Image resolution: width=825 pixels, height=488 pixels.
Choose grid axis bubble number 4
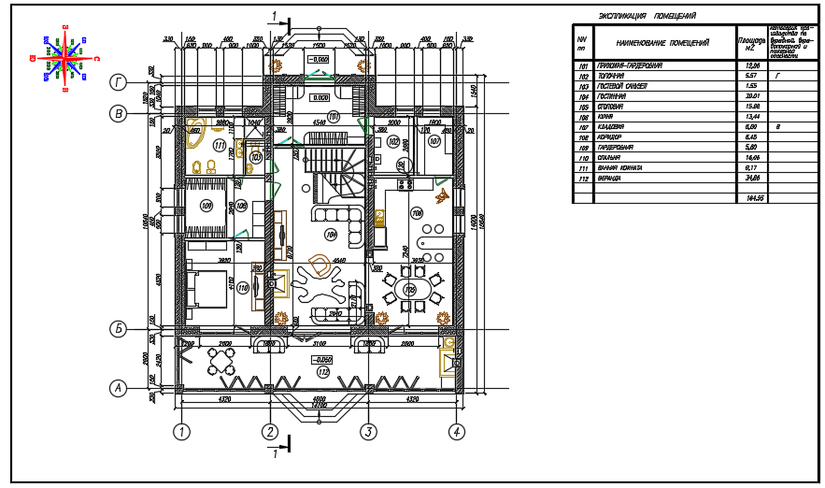coord(457,431)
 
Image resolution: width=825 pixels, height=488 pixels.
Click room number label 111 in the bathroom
coord(220,146)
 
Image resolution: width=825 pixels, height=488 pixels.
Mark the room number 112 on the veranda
coord(322,371)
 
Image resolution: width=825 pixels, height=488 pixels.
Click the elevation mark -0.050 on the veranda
coord(322,359)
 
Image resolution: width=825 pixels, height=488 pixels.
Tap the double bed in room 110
coord(207,288)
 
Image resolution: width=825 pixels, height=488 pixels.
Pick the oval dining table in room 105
coord(410,289)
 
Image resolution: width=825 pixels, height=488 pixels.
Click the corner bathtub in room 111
coord(197,133)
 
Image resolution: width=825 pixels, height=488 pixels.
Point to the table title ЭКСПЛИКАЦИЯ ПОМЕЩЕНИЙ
coord(647,17)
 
